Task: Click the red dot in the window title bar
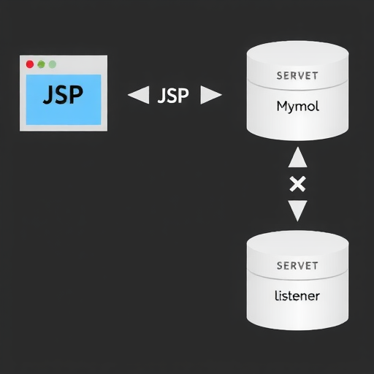pos(30,64)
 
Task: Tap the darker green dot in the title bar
pos(41,64)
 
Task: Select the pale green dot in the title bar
pos(52,64)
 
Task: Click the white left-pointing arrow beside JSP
pos(138,95)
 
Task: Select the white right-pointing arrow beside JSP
pos(210,95)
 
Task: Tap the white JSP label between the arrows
pos(174,96)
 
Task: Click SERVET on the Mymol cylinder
pos(297,76)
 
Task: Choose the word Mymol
pos(297,107)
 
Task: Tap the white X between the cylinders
pos(297,184)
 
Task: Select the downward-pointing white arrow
pos(297,211)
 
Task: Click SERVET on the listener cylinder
pos(297,266)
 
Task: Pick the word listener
pos(297,297)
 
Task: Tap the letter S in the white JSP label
pos(173,96)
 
